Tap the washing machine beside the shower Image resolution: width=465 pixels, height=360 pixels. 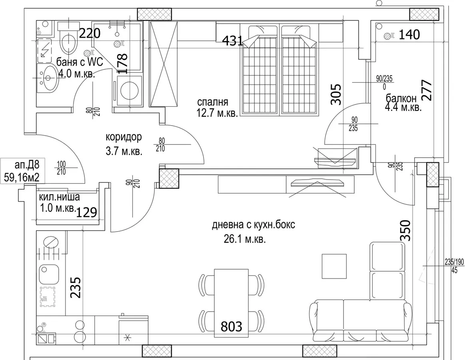(129, 91)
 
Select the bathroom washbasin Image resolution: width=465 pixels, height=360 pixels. (48, 78)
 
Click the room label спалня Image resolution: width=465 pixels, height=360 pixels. (213, 102)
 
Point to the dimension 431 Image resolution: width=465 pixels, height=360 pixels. (233, 41)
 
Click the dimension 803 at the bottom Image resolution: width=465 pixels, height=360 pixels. (232, 326)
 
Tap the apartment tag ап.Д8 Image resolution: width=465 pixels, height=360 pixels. (27, 165)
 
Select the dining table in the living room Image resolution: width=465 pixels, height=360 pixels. (232, 303)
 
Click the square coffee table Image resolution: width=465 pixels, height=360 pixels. (334, 266)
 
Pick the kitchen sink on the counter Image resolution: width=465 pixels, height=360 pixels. (50, 274)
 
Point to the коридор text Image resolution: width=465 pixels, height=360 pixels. (124, 137)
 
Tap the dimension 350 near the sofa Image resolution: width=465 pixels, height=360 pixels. (405, 231)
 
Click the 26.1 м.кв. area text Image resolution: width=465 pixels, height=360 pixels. (245, 239)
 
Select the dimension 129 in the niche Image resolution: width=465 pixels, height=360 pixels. (87, 212)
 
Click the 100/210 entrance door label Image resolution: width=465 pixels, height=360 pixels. (61, 168)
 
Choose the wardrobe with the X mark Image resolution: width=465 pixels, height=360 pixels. (164, 64)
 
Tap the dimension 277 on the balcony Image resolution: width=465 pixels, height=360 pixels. (427, 90)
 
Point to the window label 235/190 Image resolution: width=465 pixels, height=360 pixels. (454, 262)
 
